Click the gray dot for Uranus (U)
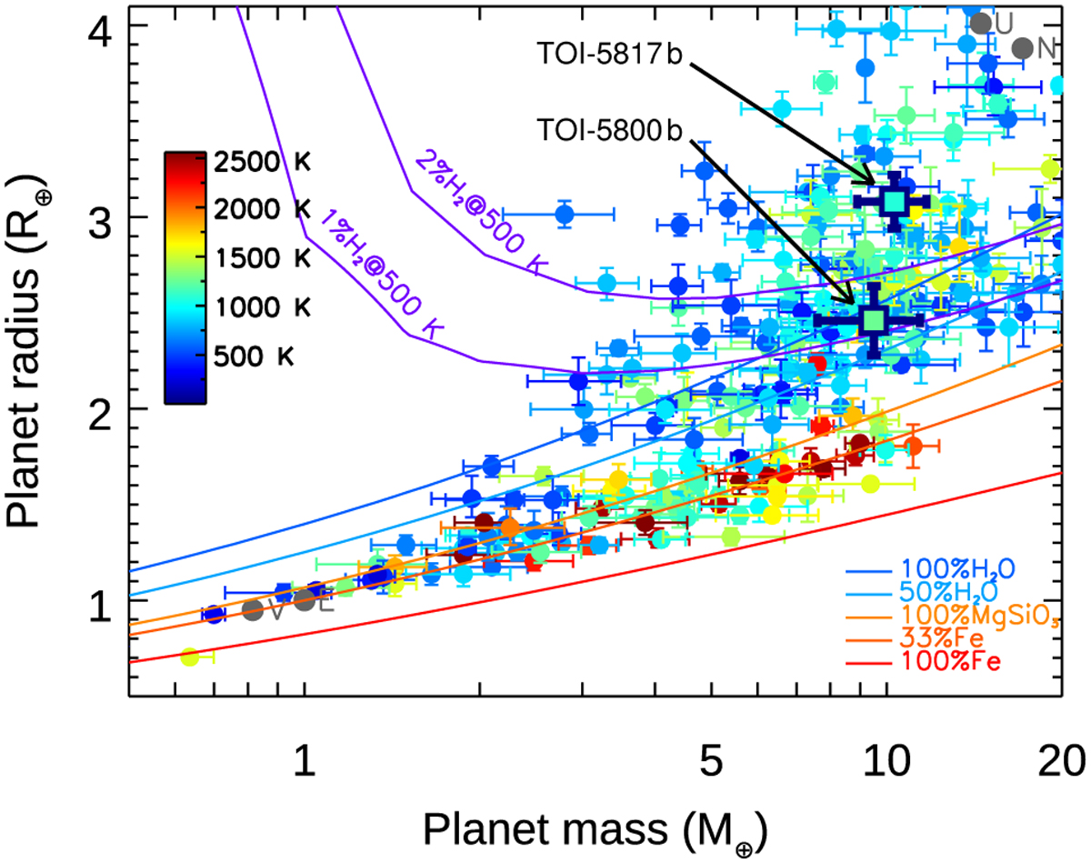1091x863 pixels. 980,24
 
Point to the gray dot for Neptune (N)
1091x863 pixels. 1022,49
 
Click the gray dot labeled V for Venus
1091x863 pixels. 254,609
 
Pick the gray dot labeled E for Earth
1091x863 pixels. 305,600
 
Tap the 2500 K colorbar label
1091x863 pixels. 265,164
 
